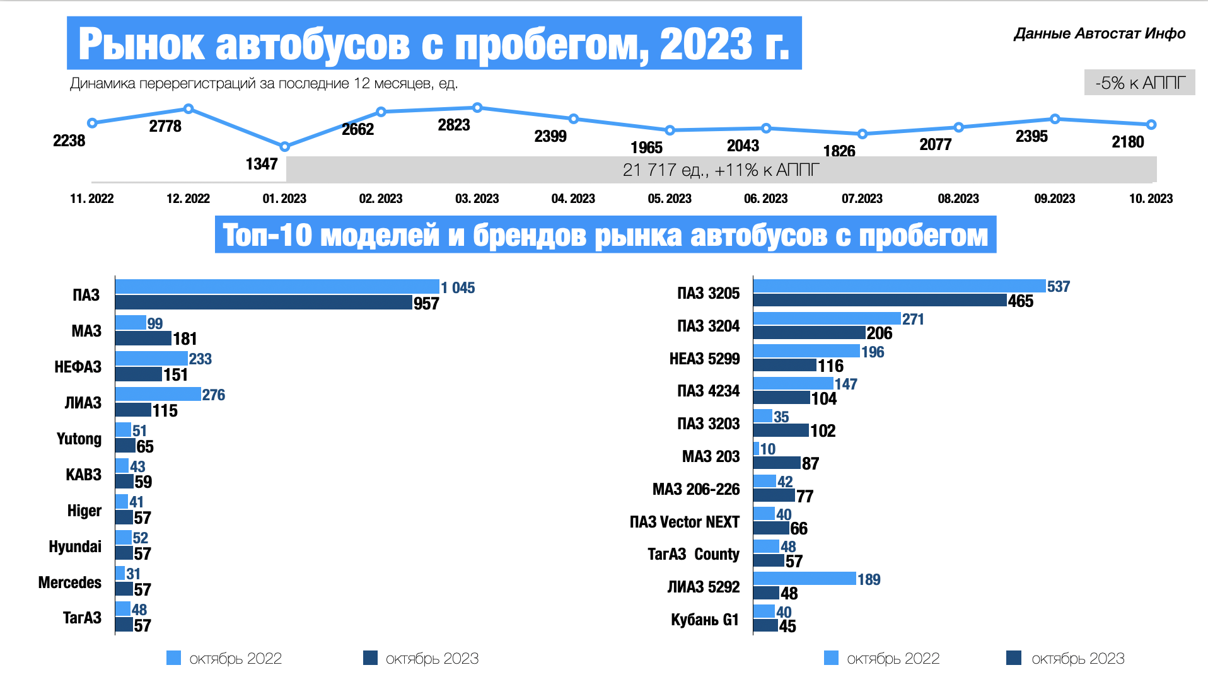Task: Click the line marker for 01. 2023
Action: (284, 147)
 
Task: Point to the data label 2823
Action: (454, 125)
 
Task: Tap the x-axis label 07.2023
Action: (862, 199)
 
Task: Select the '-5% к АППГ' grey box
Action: (1139, 83)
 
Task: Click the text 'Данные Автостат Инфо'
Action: (1100, 33)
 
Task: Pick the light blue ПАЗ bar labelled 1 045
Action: (277, 287)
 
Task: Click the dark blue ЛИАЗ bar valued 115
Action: (133, 410)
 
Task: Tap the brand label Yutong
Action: (79, 439)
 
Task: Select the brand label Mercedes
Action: (69, 582)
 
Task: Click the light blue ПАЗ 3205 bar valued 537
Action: (899, 286)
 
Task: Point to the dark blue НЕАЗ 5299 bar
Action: (784, 366)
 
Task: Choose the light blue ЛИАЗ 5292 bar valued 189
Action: (804, 579)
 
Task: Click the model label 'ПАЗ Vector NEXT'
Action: (684, 522)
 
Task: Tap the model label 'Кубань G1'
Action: (704, 620)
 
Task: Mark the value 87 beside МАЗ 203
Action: (810, 464)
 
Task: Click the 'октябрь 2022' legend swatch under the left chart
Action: (173, 658)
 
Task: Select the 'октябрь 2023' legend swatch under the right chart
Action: (1014, 658)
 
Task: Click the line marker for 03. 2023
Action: (477, 108)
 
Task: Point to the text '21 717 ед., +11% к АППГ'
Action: (721, 170)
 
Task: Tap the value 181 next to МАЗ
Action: (185, 339)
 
